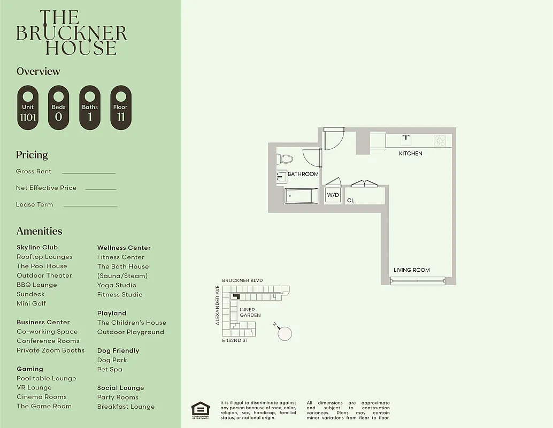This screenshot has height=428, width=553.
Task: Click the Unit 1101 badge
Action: click(28, 108)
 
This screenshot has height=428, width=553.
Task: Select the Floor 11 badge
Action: click(120, 108)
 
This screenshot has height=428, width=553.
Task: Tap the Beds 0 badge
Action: click(58, 108)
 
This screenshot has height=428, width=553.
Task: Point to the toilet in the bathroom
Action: click(285, 159)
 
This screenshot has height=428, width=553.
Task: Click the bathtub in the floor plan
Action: click(301, 196)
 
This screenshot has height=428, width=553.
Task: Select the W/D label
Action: click(333, 195)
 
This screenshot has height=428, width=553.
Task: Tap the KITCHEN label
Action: click(410, 154)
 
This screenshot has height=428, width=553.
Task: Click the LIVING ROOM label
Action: click(411, 270)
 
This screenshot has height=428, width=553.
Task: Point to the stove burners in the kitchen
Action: click(439, 141)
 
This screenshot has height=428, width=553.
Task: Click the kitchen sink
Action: click(405, 140)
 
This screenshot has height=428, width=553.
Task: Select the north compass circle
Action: click(285, 333)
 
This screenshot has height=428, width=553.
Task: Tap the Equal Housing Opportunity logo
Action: click(201, 409)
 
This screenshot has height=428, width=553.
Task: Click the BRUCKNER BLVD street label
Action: click(242, 280)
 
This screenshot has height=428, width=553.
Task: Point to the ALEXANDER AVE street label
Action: click(218, 305)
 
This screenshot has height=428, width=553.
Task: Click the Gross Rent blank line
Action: click(88, 173)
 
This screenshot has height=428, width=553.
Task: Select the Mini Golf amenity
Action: click(31, 303)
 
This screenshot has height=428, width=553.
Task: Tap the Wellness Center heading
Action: click(124, 248)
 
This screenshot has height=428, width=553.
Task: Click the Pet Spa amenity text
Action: click(110, 369)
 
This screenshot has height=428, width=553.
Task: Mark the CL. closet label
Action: click(351, 201)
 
